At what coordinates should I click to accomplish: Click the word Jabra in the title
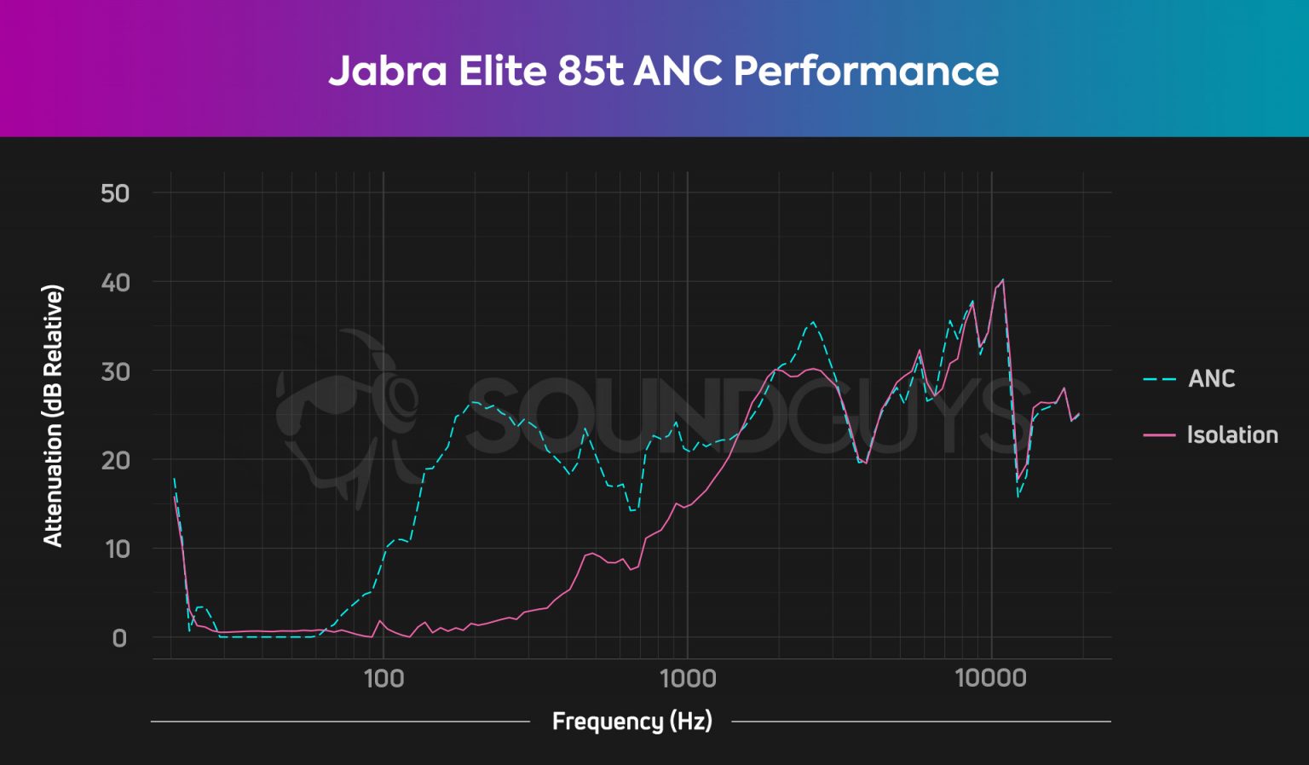(x=388, y=71)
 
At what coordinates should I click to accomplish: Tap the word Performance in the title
(x=866, y=71)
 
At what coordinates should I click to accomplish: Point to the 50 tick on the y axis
(x=115, y=193)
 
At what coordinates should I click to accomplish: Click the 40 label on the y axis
(x=115, y=282)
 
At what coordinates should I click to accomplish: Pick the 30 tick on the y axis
(x=115, y=371)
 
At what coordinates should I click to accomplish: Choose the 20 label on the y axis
(x=115, y=460)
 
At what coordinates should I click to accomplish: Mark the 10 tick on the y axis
(x=117, y=549)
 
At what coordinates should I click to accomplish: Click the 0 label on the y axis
(x=119, y=638)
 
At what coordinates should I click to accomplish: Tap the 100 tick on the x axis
(x=383, y=678)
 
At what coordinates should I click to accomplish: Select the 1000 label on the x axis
(x=688, y=678)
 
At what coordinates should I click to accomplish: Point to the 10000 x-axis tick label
(x=990, y=678)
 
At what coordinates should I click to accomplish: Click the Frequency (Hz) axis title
(x=631, y=722)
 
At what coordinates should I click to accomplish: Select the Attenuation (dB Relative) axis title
(x=53, y=416)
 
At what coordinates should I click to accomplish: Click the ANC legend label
(x=1211, y=378)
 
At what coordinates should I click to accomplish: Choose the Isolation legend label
(x=1232, y=434)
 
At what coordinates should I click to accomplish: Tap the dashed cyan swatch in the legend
(x=1159, y=379)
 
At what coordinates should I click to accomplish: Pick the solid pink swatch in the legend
(x=1159, y=435)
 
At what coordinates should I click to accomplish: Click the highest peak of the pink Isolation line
(x=1002, y=279)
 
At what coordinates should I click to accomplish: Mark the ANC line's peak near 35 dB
(x=813, y=322)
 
